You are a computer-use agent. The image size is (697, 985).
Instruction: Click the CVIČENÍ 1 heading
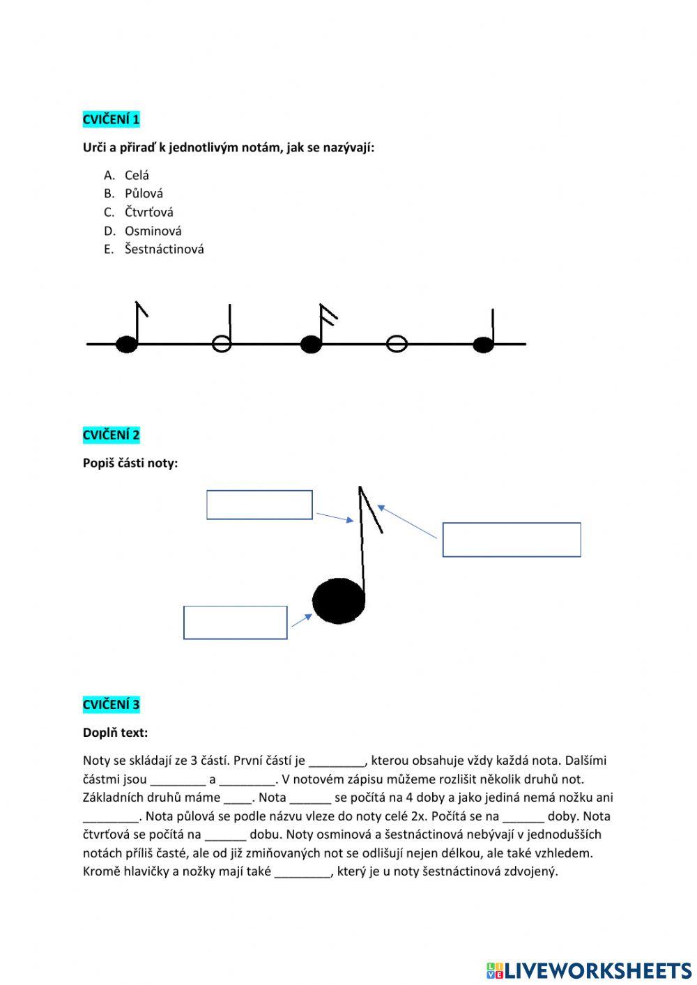point(112,119)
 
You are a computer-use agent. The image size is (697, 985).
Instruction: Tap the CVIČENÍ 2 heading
point(112,435)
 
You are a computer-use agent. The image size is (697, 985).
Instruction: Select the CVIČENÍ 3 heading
point(112,704)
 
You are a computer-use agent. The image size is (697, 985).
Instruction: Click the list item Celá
point(137,175)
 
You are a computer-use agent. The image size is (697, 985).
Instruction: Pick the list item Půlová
point(144,193)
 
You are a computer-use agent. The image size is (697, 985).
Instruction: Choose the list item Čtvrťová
point(148,212)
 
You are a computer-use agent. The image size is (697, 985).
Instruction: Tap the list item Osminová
point(153,231)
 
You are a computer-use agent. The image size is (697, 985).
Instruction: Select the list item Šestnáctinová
point(164,249)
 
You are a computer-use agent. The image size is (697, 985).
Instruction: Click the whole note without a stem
point(397,343)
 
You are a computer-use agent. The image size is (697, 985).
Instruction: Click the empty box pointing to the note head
point(236,623)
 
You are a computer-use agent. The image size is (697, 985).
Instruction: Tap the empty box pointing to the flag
point(512,540)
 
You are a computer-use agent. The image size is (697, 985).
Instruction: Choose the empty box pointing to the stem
point(259,505)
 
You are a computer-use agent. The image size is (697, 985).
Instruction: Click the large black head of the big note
point(339,601)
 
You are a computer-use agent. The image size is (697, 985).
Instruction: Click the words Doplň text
point(115,733)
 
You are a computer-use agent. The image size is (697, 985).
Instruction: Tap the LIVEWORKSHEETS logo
point(589,970)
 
